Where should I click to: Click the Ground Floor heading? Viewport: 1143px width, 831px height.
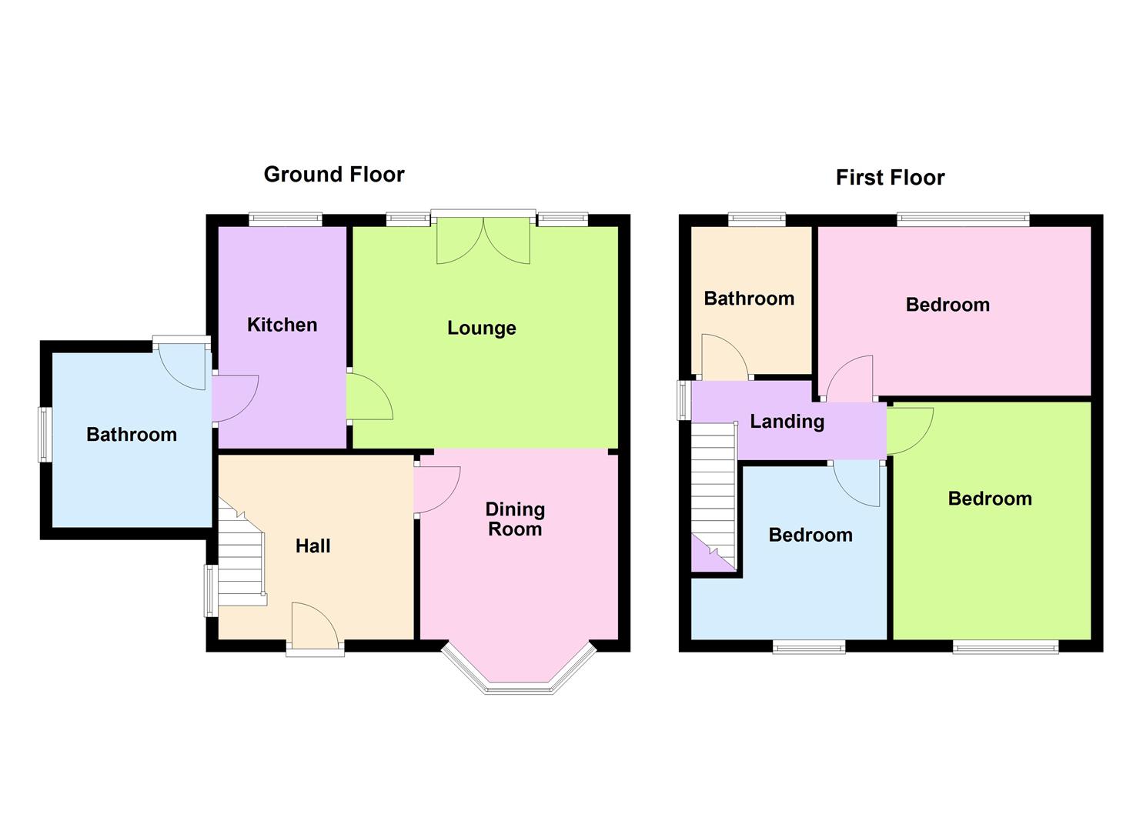pyautogui.click(x=333, y=175)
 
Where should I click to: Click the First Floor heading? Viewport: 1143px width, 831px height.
pyautogui.click(x=890, y=178)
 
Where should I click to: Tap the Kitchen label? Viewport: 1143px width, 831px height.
pyautogui.click(x=282, y=325)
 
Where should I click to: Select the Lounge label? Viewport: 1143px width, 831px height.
pyautogui.click(x=482, y=329)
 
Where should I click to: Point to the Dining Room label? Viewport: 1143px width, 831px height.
pyautogui.click(x=515, y=519)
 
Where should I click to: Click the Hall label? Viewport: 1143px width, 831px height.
pyautogui.click(x=312, y=546)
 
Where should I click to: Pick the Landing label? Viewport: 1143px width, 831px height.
pyautogui.click(x=787, y=422)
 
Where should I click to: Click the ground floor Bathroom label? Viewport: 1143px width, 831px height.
pyautogui.click(x=132, y=435)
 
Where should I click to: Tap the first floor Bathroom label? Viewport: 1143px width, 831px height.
pyautogui.click(x=749, y=299)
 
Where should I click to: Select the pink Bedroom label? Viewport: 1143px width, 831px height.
pyautogui.click(x=947, y=305)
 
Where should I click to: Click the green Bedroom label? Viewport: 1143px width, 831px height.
pyautogui.click(x=990, y=499)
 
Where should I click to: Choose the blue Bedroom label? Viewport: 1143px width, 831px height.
pyautogui.click(x=810, y=535)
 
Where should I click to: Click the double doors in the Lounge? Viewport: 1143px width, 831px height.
pyautogui.click(x=483, y=240)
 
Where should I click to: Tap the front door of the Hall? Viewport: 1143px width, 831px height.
pyautogui.click(x=316, y=628)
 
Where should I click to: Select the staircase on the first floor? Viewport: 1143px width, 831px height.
pyautogui.click(x=714, y=492)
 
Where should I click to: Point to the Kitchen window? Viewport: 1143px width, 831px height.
pyautogui.click(x=286, y=220)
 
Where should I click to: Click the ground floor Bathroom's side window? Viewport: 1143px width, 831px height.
pyautogui.click(x=45, y=435)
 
